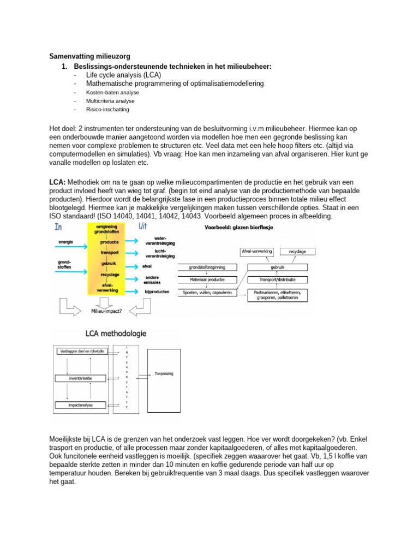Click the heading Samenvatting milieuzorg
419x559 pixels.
pos(90,56)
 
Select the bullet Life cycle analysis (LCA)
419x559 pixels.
pos(123,75)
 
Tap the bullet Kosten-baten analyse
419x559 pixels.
pos(112,92)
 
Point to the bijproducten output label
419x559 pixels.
pos(157,292)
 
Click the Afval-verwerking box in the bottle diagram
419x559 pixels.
pos(256,252)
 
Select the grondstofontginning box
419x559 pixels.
pos(208,267)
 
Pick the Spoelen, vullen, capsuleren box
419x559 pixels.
pos(208,293)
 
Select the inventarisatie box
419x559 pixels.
pos(80,378)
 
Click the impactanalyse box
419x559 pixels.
pos(80,405)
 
